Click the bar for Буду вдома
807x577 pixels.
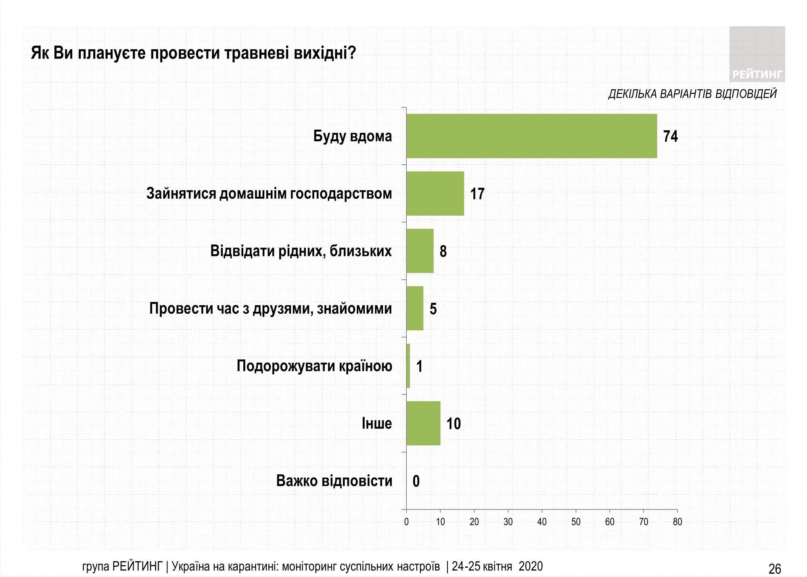[x=531, y=136]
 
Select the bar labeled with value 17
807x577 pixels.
[x=435, y=193]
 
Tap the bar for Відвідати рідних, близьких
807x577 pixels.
[x=420, y=251]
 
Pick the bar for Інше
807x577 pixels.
[x=423, y=423]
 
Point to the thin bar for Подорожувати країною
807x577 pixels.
[x=408, y=366]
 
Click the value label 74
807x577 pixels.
[x=670, y=136]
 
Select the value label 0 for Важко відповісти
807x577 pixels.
[x=416, y=481]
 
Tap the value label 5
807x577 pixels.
[x=433, y=309]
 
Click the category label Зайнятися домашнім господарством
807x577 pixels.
[x=269, y=193]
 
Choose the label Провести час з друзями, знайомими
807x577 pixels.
[x=270, y=308]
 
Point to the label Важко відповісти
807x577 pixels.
[x=334, y=481]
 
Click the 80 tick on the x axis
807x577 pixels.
[x=677, y=522]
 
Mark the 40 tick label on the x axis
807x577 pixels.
[x=542, y=522]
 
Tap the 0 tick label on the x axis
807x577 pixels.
[x=406, y=522]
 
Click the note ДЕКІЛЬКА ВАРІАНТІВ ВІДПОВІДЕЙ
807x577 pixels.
[x=692, y=94]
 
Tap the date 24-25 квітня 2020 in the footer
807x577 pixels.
[x=498, y=567]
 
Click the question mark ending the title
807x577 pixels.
[x=352, y=53]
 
